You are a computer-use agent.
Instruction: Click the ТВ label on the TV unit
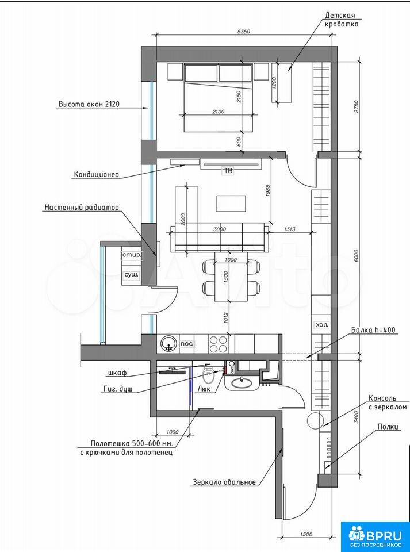point(228,172)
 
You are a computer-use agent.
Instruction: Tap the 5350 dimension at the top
point(244,32)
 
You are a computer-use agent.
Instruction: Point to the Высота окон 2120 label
point(89,104)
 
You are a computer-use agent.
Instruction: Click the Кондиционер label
point(97,174)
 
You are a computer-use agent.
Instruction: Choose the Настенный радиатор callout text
point(82,208)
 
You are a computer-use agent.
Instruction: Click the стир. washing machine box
point(132,255)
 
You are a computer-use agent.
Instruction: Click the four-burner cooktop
point(218,344)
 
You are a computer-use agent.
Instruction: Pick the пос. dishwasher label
point(187,343)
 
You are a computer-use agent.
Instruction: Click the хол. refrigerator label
point(321,325)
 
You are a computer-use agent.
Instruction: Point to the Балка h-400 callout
point(373,330)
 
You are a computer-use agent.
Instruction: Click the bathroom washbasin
point(242,381)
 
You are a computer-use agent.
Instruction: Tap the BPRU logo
point(375,536)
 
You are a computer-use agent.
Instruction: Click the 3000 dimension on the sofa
point(219,229)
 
